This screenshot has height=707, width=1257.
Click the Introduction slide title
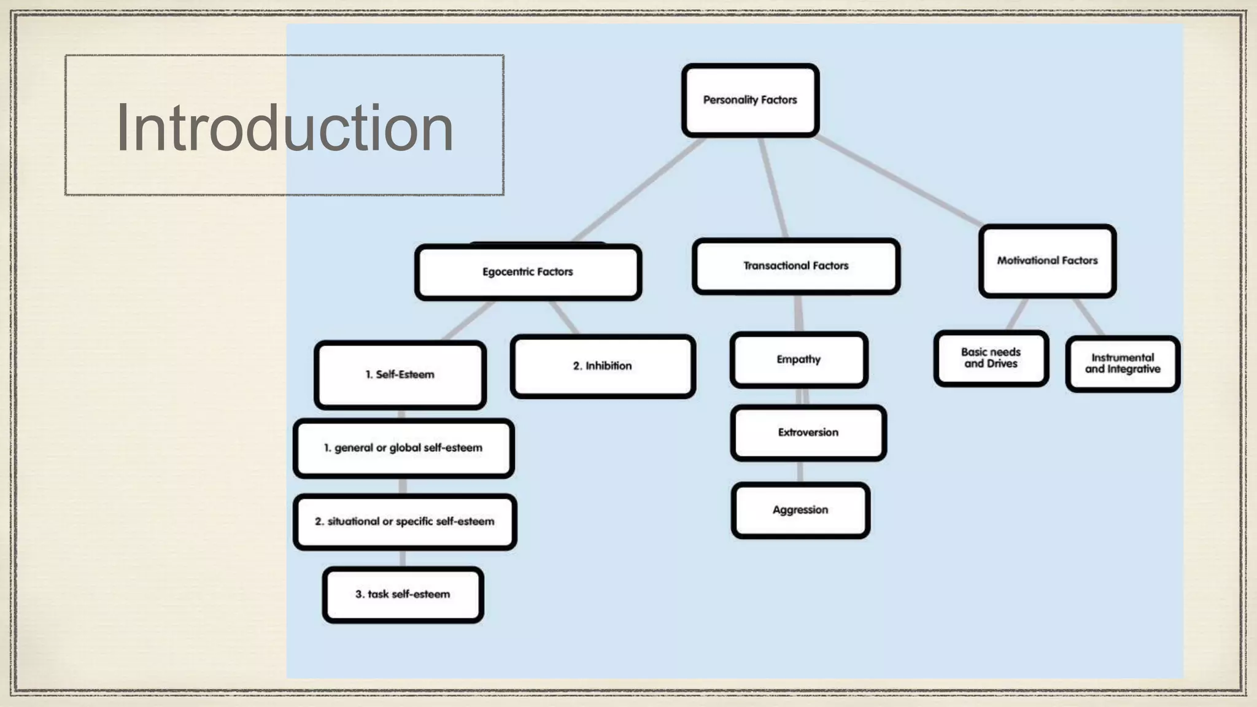tap(285, 128)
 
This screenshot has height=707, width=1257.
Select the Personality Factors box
tap(750, 100)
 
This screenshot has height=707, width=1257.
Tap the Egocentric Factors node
tap(528, 272)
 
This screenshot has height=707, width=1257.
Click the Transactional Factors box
tap(796, 266)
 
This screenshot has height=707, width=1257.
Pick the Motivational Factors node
tap(1047, 261)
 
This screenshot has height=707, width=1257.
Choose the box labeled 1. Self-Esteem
tap(400, 374)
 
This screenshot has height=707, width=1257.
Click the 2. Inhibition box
tap(603, 366)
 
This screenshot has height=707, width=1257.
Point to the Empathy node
tap(799, 360)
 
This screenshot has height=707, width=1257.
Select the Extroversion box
tap(808, 433)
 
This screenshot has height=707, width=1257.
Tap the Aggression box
tap(800, 510)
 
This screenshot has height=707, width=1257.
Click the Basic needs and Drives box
tap(991, 358)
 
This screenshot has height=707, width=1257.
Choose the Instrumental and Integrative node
tap(1123, 363)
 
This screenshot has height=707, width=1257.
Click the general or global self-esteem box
tap(403, 448)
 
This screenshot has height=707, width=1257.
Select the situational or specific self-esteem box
tap(404, 522)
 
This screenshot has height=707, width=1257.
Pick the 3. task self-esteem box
tap(403, 595)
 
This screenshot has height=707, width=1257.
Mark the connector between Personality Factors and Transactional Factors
tap(774, 187)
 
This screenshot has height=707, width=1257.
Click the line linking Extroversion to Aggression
tap(800, 471)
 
